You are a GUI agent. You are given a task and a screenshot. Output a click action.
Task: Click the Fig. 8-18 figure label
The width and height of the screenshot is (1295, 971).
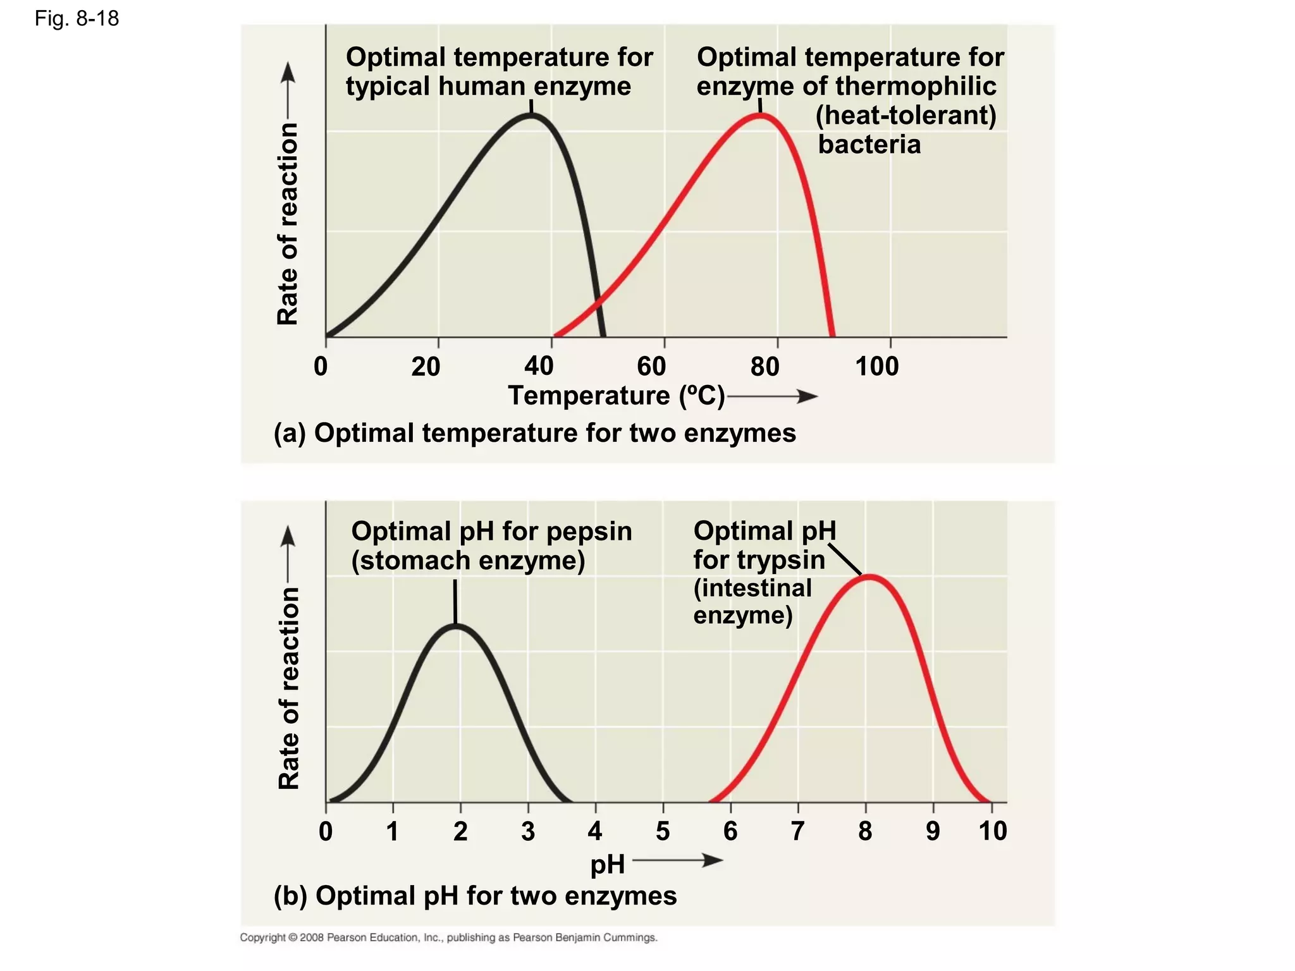pos(77,18)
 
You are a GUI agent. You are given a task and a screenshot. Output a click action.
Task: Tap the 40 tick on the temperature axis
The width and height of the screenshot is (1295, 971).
pos(539,366)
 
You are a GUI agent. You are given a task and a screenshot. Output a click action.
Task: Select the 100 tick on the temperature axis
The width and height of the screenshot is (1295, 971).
pos(877,366)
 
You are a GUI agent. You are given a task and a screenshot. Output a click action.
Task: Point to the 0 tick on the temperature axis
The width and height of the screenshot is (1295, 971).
pos(321,366)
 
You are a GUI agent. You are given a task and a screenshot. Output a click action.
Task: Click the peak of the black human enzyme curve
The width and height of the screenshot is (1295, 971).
pos(531,116)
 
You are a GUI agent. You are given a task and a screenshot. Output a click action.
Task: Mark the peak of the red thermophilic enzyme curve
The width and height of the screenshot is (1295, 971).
pos(761,116)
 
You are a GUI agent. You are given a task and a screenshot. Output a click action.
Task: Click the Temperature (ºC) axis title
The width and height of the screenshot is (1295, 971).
pos(617,396)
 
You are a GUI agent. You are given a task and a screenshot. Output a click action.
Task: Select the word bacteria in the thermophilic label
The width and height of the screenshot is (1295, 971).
pos(869,145)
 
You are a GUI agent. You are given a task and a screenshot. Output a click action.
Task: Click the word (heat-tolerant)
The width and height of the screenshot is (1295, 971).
pos(905,116)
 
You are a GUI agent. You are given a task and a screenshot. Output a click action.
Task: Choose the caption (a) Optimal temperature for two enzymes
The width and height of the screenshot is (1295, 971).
pos(535,433)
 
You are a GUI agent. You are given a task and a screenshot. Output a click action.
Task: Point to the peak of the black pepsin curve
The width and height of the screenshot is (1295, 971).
pos(455,626)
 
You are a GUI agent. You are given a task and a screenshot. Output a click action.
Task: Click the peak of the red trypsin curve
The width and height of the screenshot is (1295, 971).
pos(869,577)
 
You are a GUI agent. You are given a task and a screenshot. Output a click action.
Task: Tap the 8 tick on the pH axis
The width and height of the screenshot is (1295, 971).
pos(865,831)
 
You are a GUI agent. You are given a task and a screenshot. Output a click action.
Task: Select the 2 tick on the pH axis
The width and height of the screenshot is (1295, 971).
pos(460,831)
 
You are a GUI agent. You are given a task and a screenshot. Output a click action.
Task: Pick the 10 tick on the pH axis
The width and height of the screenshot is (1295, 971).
pos(992,831)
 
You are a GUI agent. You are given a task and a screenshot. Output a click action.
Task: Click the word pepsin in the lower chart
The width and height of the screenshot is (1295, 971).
pos(589,531)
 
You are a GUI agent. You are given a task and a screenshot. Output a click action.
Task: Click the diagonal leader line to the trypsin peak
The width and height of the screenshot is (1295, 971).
pos(845,558)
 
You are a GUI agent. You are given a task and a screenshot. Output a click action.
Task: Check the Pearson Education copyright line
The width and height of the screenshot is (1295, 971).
pos(448,937)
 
